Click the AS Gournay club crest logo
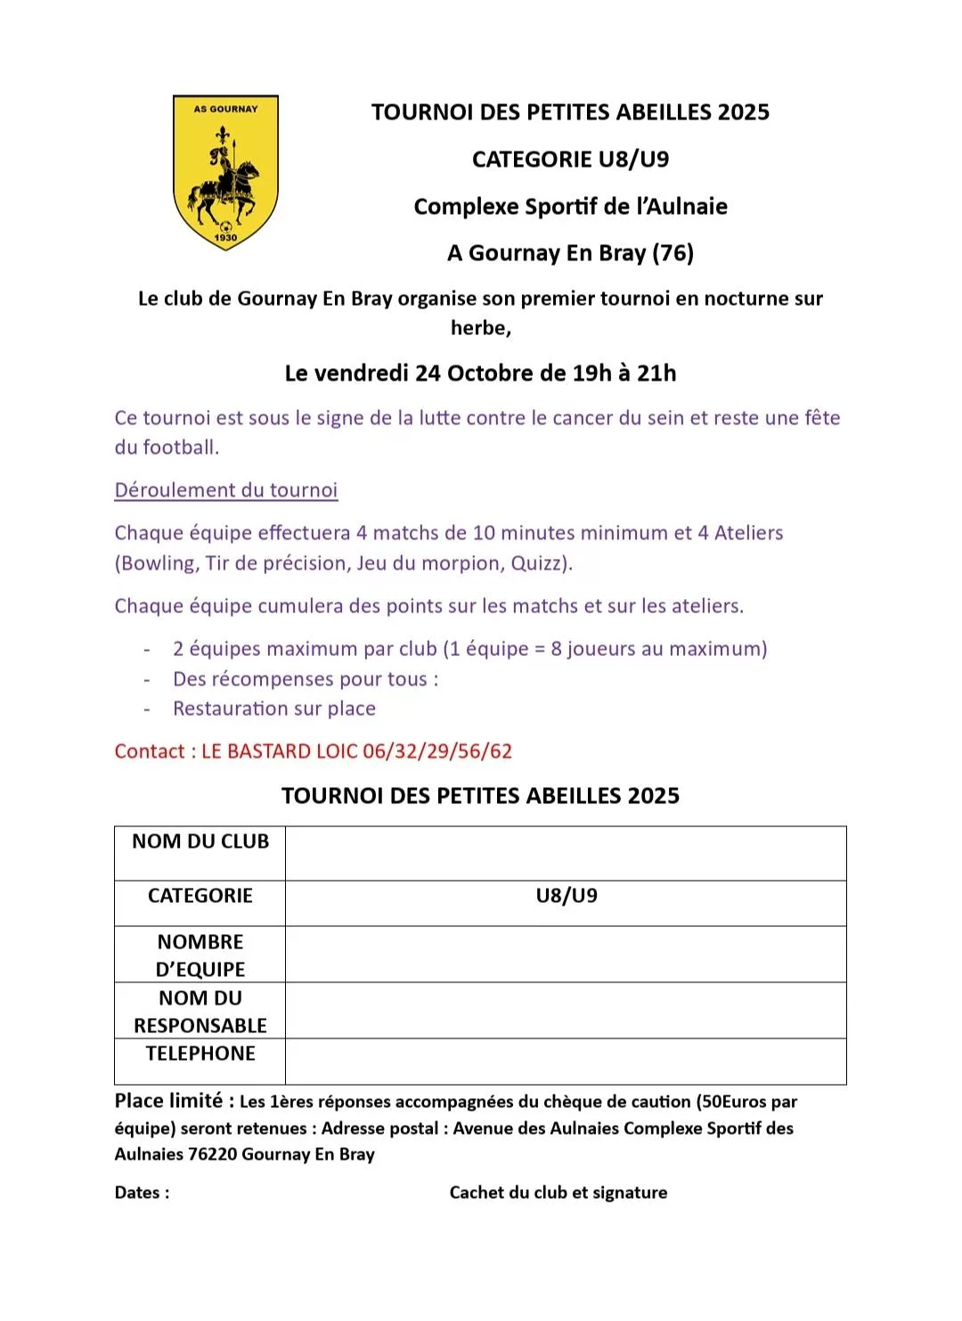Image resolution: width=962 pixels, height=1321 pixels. pos(225,172)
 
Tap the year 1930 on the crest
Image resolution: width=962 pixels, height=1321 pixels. pos(225,237)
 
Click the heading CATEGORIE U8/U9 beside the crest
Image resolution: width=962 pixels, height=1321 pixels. pos(570,160)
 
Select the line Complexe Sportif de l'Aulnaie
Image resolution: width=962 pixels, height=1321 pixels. pos(570,207)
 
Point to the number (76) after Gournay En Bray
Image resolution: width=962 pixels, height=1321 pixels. pos(673,253)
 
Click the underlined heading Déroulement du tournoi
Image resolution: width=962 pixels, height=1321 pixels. pos(226,490)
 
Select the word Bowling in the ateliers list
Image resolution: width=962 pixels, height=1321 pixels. pos(158,563)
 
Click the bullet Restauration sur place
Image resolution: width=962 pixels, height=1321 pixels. pos(274,709)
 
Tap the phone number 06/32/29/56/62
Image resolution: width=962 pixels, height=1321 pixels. pos(437,751)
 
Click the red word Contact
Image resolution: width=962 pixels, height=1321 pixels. pos(149,751)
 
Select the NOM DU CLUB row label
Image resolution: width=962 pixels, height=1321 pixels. pos(200,841)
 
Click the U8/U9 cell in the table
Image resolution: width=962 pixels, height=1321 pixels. pos(567,896)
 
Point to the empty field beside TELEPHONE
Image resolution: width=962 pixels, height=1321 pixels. pos(566,1061)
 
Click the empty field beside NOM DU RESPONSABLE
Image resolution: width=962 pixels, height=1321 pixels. pos(566,1011)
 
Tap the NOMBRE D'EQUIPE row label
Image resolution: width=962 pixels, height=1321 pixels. pos(200,956)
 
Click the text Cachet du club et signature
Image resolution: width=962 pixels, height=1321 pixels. pos(558,1193)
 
